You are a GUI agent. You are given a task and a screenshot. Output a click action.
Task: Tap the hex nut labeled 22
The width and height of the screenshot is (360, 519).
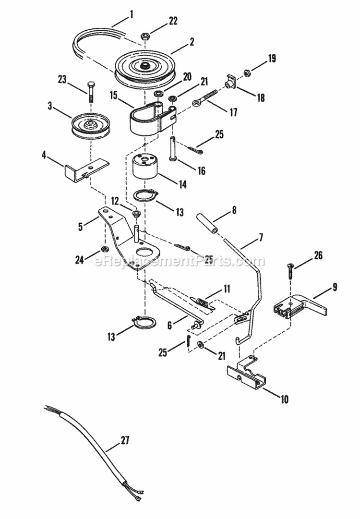click(144, 36)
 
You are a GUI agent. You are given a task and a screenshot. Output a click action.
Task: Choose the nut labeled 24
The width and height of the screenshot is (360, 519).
click(103, 249)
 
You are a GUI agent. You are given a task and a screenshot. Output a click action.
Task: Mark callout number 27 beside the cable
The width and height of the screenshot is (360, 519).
click(125, 439)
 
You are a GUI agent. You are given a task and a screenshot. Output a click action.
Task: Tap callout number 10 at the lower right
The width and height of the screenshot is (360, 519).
click(285, 398)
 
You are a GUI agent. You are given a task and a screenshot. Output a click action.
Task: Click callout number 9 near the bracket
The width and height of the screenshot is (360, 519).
click(335, 288)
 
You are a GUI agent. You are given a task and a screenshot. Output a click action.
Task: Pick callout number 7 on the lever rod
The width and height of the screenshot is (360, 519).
click(261, 237)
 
